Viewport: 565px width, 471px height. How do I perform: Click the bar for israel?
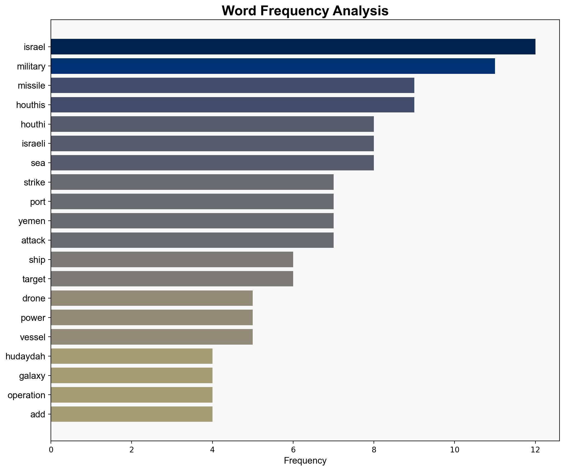click(293, 47)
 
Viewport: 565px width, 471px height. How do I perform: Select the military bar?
click(273, 66)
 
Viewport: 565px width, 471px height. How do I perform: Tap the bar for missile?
click(232, 86)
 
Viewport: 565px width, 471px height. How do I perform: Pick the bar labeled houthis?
click(232, 105)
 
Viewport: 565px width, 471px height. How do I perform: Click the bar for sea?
click(212, 163)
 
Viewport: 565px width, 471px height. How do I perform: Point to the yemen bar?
click(192, 221)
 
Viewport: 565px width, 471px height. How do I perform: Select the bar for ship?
click(172, 260)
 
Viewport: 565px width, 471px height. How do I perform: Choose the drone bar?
click(152, 298)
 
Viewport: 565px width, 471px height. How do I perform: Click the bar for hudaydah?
click(132, 356)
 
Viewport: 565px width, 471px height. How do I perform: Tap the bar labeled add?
click(132, 414)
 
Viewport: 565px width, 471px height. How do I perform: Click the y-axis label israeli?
click(34, 144)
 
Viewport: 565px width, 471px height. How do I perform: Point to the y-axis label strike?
click(34, 182)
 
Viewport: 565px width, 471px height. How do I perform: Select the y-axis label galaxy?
click(32, 376)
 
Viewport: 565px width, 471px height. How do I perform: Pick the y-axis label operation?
click(27, 395)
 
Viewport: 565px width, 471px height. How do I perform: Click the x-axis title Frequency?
click(305, 461)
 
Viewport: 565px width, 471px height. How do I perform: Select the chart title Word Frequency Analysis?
click(305, 11)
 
